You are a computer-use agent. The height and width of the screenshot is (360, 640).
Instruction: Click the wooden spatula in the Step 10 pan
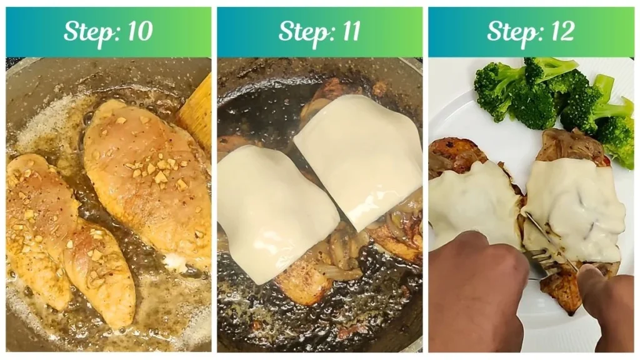coord(196,112)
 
